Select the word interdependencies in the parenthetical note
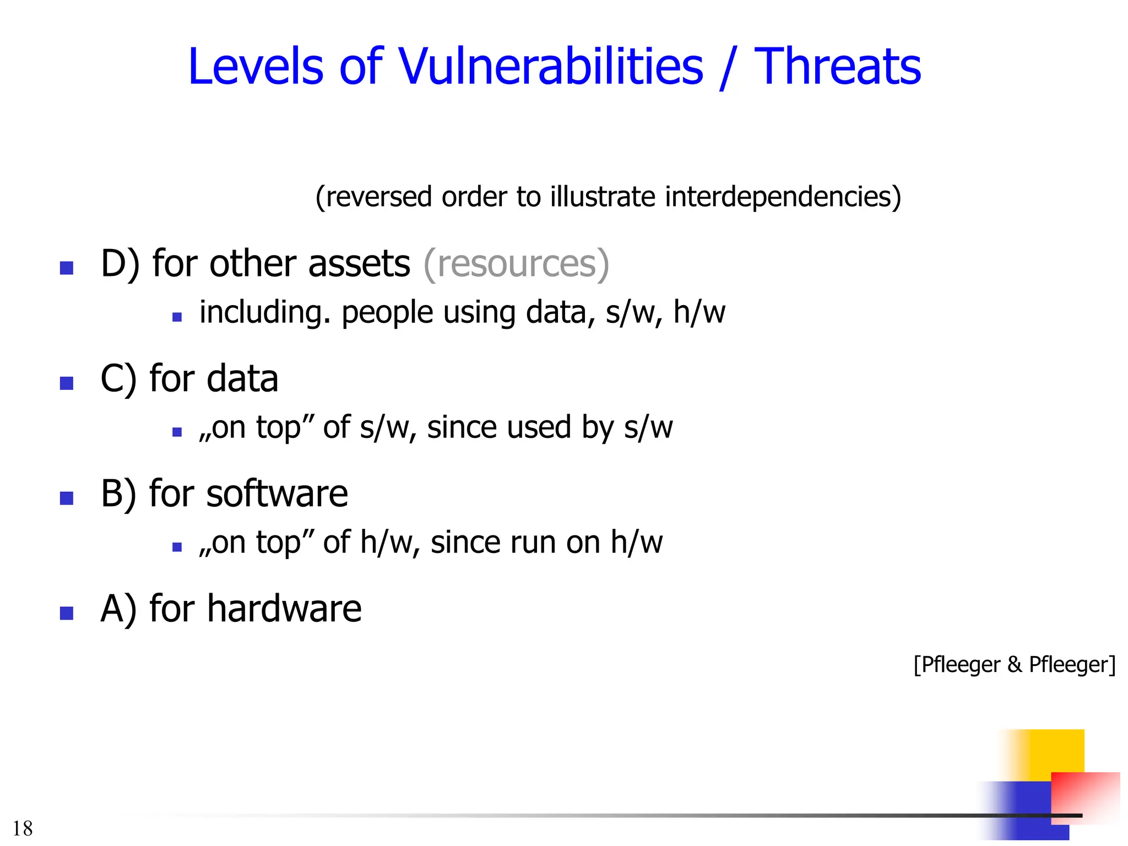click(x=783, y=197)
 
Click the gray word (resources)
click(x=516, y=263)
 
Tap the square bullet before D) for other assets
click(x=67, y=268)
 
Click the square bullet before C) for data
click(x=67, y=383)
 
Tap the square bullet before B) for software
click(x=67, y=498)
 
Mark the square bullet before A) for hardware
click(x=67, y=613)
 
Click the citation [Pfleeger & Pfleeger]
click(x=1014, y=664)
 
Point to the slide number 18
click(x=23, y=828)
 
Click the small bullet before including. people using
click(x=177, y=317)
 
